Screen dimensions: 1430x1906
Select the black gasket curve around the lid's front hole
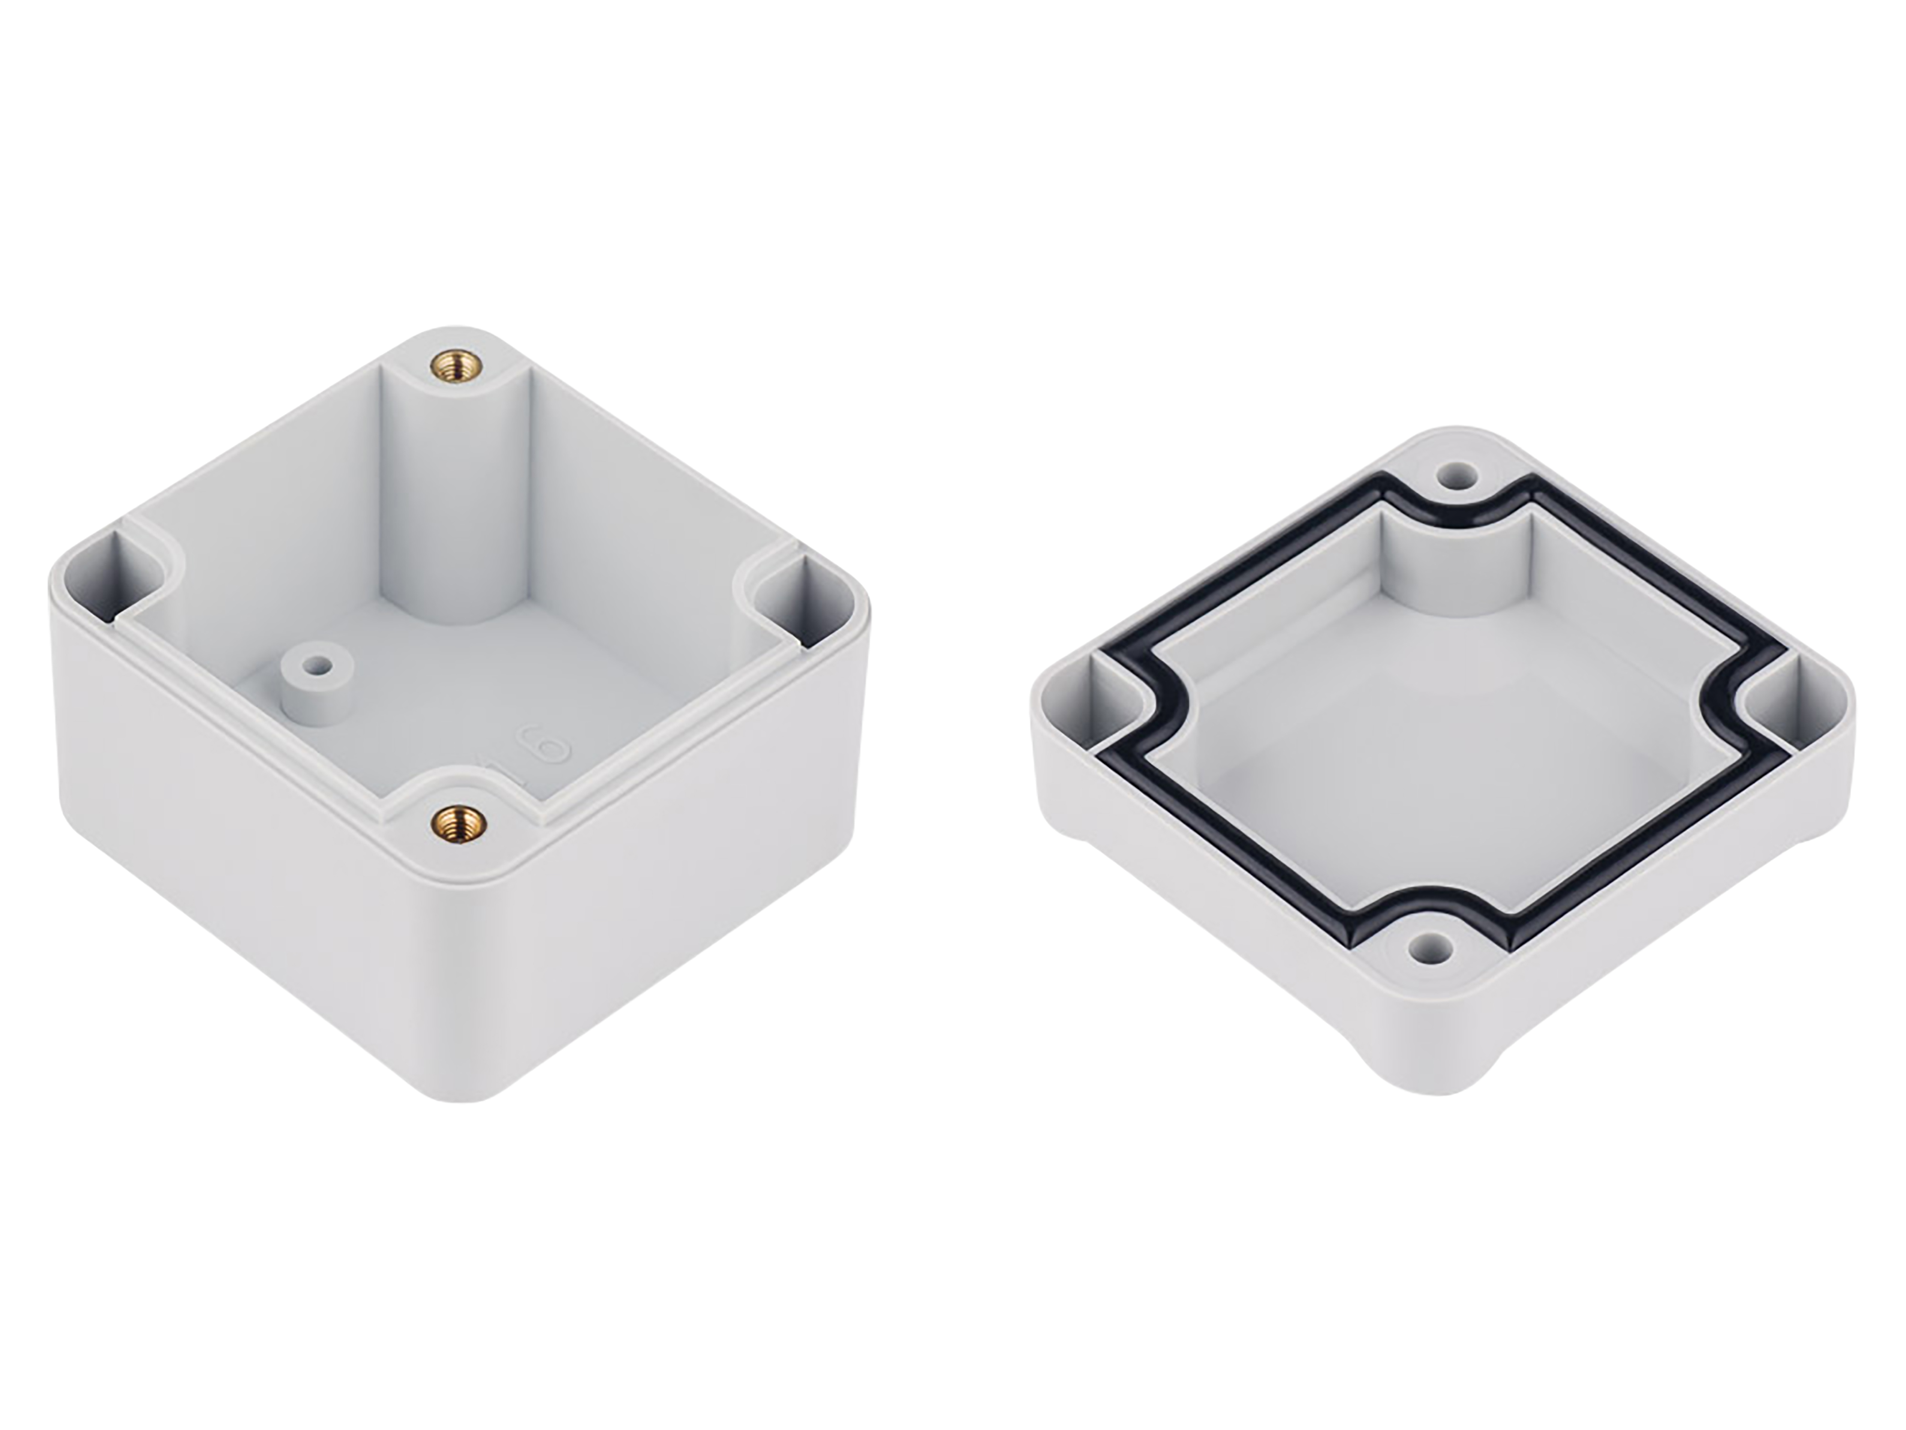coord(1430,905)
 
